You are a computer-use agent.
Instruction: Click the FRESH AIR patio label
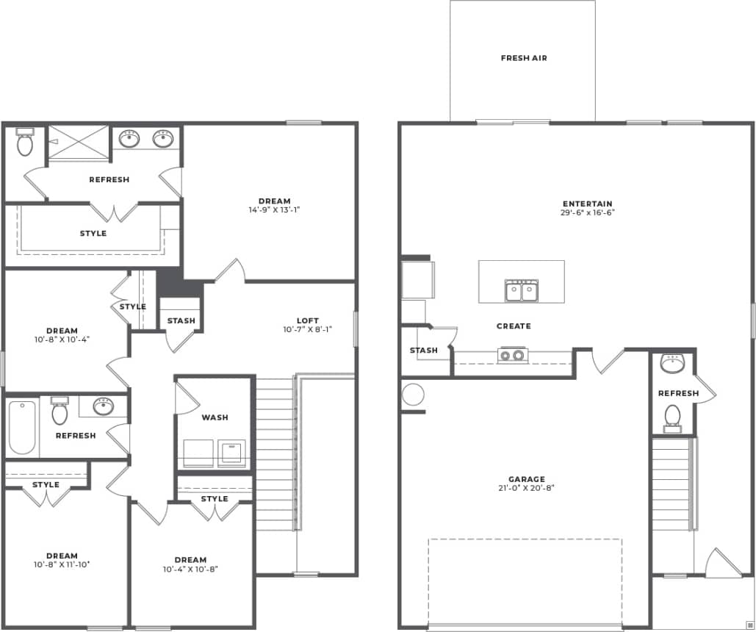(x=523, y=58)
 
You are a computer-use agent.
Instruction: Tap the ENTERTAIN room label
(x=587, y=204)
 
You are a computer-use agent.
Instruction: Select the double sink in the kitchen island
(x=522, y=291)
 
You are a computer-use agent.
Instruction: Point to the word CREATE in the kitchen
(x=514, y=326)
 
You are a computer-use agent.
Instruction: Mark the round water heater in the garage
(x=413, y=395)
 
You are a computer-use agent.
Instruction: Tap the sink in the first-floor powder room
(x=672, y=363)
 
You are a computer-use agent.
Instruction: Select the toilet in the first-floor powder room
(x=672, y=417)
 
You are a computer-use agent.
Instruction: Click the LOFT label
(x=308, y=320)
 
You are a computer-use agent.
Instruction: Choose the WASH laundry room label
(x=215, y=417)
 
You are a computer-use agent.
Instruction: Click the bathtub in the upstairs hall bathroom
(x=21, y=427)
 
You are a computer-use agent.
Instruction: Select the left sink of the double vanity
(x=130, y=138)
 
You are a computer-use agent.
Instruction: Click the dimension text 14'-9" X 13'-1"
(x=274, y=209)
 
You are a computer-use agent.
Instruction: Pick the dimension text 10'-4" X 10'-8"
(x=190, y=569)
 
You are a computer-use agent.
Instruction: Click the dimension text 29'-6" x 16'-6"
(x=587, y=213)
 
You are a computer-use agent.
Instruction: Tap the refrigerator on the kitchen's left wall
(x=417, y=279)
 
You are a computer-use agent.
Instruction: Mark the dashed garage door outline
(x=525, y=581)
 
